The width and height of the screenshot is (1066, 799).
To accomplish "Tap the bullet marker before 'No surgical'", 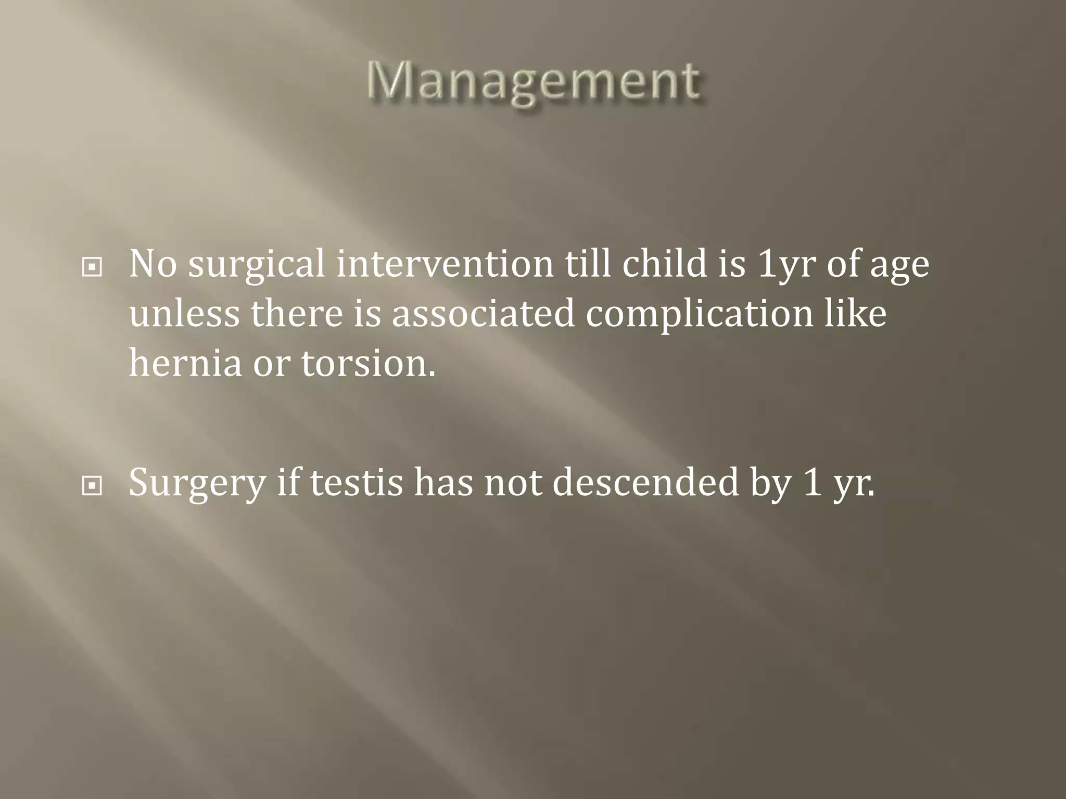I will click(x=92, y=267).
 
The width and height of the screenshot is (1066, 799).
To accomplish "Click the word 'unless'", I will click(x=184, y=313).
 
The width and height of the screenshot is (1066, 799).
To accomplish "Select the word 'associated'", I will click(x=483, y=313).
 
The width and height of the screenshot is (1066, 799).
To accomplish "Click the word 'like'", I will click(x=855, y=313).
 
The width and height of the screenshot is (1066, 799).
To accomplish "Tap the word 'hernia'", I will click(x=185, y=363).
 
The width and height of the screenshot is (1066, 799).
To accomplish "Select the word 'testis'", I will click(x=357, y=483).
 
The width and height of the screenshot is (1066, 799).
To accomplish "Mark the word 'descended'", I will click(x=645, y=483).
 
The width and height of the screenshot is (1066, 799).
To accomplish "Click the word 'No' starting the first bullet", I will click(x=153, y=264).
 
